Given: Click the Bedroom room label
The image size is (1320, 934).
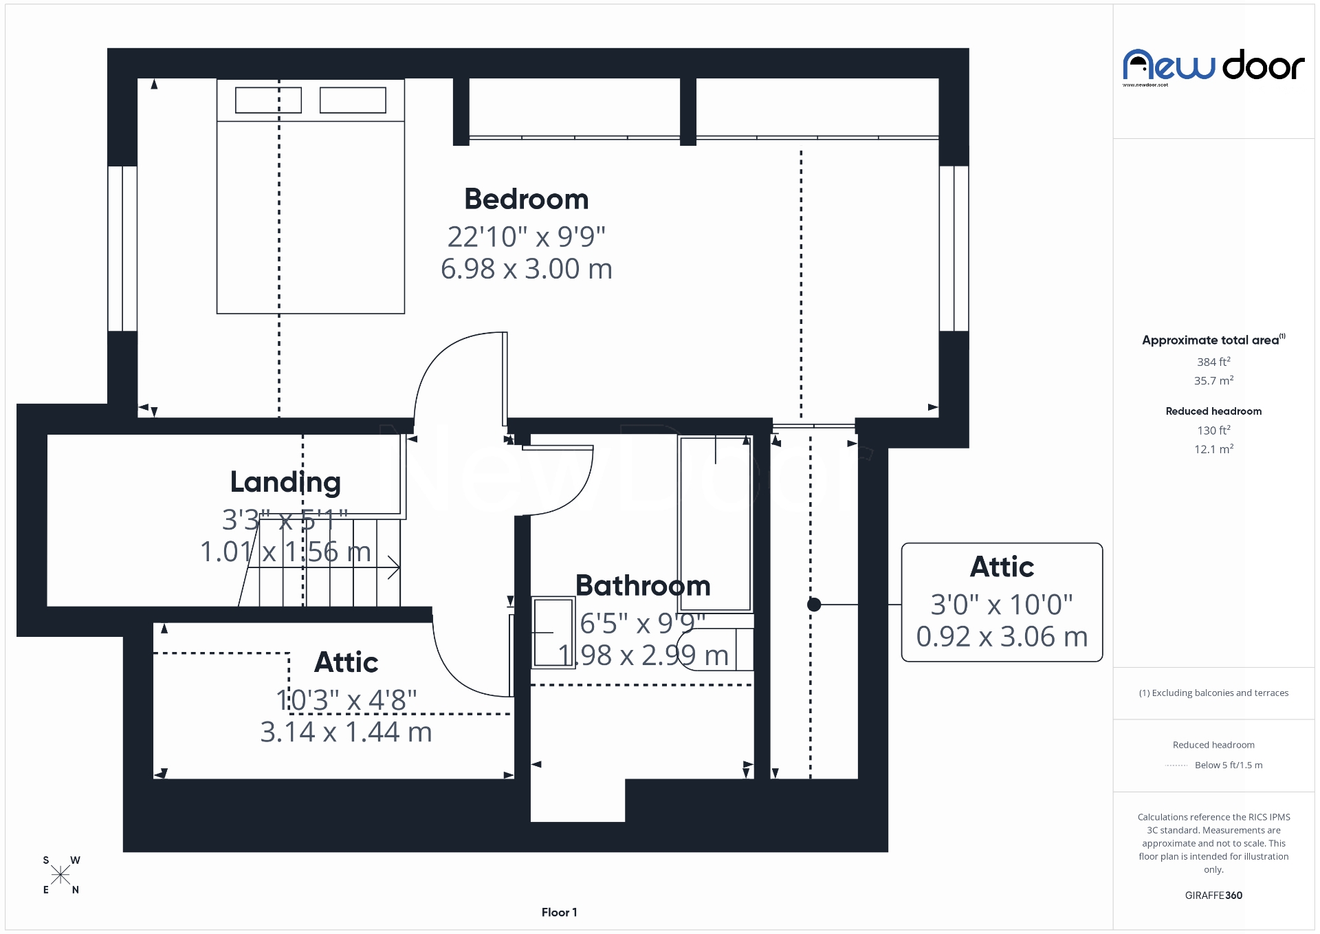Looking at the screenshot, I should [x=526, y=199].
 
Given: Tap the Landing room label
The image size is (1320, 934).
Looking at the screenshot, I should [x=285, y=482].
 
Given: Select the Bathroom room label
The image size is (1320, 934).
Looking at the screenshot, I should [x=643, y=586].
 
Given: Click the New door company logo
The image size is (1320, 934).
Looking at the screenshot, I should [x=1213, y=67].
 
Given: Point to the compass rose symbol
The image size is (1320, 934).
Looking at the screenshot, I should [x=60, y=875].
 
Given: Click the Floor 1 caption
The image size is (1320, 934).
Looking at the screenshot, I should [x=559, y=913].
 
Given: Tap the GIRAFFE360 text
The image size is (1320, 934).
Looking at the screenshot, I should [x=1213, y=895].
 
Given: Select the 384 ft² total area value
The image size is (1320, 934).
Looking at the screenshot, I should [x=1213, y=362].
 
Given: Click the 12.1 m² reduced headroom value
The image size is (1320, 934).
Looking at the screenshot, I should [x=1213, y=449].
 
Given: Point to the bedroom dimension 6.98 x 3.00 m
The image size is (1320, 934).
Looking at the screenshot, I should [x=526, y=269].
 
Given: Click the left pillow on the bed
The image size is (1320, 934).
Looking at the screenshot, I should [x=268, y=100].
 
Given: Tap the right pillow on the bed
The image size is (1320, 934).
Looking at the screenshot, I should [x=353, y=100].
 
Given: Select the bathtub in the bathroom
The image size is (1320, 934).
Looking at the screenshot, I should [x=715, y=523].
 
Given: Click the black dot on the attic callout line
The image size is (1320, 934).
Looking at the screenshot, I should [x=814, y=605].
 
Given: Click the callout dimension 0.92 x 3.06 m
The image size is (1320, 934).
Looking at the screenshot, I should [x=1002, y=637].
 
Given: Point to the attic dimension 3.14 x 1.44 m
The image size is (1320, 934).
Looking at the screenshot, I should [x=346, y=732].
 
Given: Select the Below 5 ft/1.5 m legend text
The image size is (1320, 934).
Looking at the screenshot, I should [x=1229, y=765].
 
